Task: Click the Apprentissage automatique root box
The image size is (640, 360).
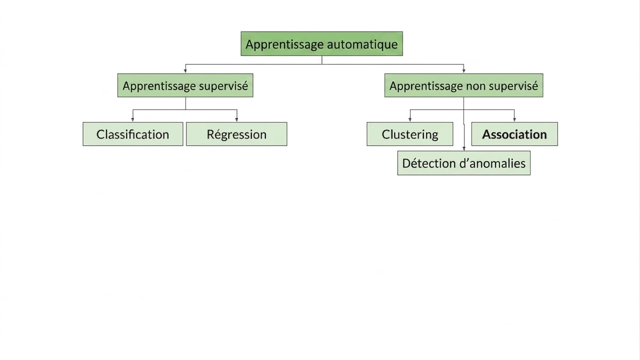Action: pos(322,44)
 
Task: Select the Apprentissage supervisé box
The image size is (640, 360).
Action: pos(185,85)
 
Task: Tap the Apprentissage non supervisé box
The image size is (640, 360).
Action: pos(464,85)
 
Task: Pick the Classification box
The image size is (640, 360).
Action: pos(133,134)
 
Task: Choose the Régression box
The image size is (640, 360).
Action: pos(237,134)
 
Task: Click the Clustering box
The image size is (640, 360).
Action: pos(410,134)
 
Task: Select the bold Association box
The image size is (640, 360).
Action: pos(514,134)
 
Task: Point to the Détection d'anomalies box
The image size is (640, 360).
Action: pos(464,163)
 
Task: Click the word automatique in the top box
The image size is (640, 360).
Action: pos(362,45)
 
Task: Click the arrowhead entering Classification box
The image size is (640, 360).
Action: pos(133,120)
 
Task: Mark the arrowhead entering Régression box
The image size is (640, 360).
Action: pos(237,120)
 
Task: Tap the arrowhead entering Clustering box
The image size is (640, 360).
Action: pos(410,120)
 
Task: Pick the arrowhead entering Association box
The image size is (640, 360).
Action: pos(514,120)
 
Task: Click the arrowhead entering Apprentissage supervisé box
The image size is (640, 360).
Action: pos(185,71)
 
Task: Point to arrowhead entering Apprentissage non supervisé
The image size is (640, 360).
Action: pos(464,71)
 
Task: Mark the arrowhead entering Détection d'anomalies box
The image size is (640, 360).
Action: pos(464,149)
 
